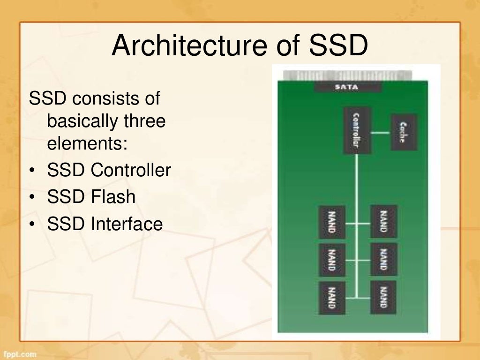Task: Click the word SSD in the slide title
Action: click(338, 46)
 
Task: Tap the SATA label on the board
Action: click(347, 87)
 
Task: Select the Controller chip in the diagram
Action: click(357, 131)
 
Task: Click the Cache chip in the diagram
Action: click(403, 132)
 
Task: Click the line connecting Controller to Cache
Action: click(381, 133)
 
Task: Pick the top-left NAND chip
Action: click(332, 221)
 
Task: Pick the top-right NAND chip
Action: click(383, 221)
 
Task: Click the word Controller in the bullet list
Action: click(131, 170)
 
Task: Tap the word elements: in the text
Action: click(87, 143)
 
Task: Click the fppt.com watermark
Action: click(19, 354)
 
